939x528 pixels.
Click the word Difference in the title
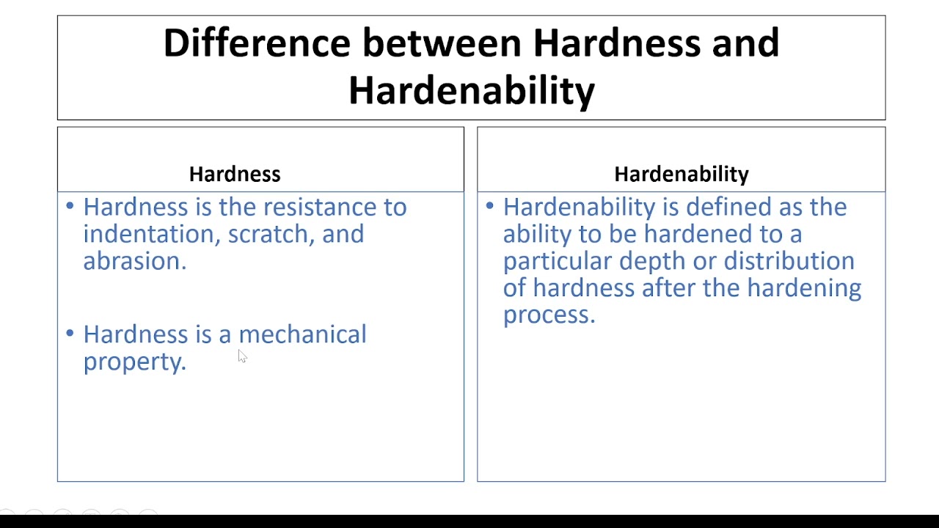click(x=256, y=43)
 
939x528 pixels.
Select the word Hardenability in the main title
click(x=471, y=90)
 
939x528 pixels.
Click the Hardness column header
click(x=235, y=174)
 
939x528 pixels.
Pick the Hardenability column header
click(x=681, y=174)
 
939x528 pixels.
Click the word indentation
click(x=150, y=234)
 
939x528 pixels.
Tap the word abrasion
click(x=134, y=261)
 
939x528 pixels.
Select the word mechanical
click(x=302, y=334)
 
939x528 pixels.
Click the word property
click(x=134, y=362)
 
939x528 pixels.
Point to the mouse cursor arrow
click(x=241, y=356)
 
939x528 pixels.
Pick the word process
click(x=548, y=315)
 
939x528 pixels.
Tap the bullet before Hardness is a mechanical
click(x=70, y=333)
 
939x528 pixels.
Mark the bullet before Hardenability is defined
click(x=490, y=206)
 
